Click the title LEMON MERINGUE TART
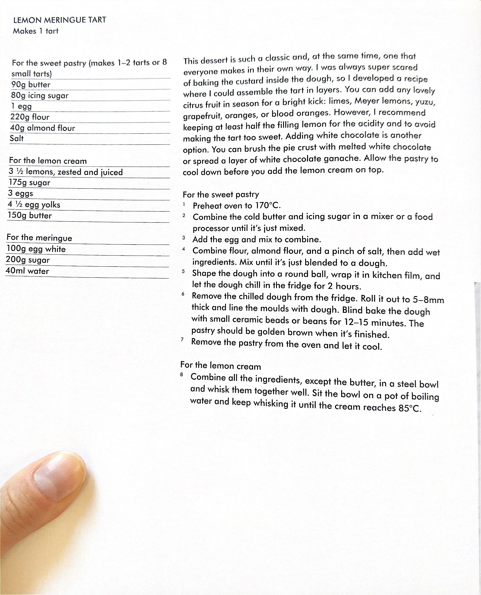[x=59, y=20]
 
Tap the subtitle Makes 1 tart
[x=36, y=31]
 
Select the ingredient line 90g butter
[x=31, y=84]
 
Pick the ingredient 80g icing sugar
[x=40, y=95]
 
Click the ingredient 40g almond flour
[x=42, y=128]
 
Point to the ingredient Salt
[x=17, y=139]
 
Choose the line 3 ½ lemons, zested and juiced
[x=66, y=172]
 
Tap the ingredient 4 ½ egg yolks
[x=34, y=205]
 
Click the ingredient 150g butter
[x=30, y=216]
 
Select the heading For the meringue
[x=39, y=238]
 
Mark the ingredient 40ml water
[x=27, y=271]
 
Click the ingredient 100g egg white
[x=36, y=249]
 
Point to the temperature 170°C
[x=267, y=205]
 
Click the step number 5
[x=183, y=272]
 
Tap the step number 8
[x=181, y=375]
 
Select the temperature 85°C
[x=410, y=408]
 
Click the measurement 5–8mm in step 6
[x=428, y=300]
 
